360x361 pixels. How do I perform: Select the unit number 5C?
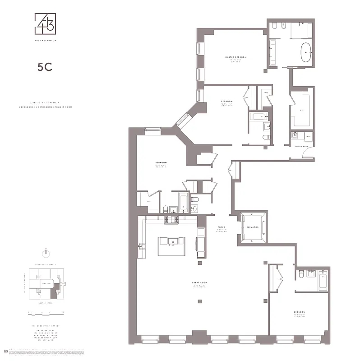coord(45,67)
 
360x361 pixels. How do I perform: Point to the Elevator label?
coord(253,227)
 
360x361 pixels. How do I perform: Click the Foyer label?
coord(222,227)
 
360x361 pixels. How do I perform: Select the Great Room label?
coord(198,283)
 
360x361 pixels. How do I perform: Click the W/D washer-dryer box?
coord(309,136)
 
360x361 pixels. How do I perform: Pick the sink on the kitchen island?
coord(172,242)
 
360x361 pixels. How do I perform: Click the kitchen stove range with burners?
coord(172,220)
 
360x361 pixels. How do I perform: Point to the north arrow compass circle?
coord(45,252)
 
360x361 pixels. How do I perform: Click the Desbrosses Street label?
coord(45,264)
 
